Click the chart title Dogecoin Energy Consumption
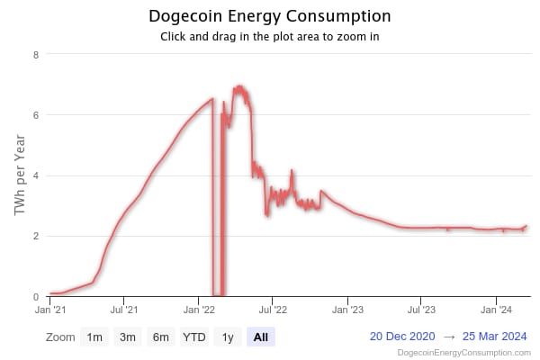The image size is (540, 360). click(269, 17)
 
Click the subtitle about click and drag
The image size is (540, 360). click(269, 37)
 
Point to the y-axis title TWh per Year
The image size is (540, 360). click(19, 175)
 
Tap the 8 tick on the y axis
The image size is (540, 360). click(35, 54)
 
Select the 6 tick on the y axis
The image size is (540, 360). click(35, 115)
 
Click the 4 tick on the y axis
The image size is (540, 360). click(35, 175)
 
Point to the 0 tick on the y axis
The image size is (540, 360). click(35, 297)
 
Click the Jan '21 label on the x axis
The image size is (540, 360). click(49, 310)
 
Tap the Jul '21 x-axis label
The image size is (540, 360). click(123, 310)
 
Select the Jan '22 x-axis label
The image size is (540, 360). click(199, 310)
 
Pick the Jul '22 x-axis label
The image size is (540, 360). click(273, 310)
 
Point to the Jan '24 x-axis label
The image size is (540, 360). click(497, 310)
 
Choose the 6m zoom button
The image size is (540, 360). click(160, 337)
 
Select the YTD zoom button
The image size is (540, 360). click(193, 337)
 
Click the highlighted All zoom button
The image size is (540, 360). click(261, 337)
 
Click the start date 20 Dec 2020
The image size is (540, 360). click(402, 337)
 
